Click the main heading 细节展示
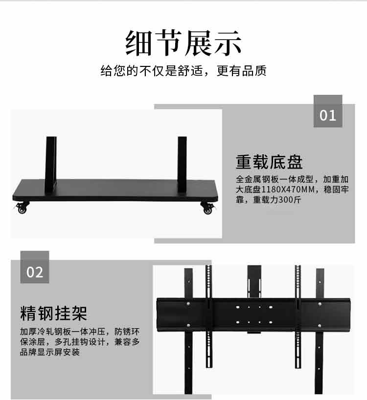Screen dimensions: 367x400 tap(183, 43)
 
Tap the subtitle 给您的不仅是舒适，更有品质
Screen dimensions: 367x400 tap(183, 71)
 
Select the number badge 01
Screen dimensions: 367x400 tap(328, 111)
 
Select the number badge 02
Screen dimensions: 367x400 tap(35, 267)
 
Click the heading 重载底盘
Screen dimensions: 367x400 tap(269, 162)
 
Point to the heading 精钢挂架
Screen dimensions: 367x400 tap(54, 313)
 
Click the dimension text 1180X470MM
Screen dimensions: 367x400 tap(288, 189)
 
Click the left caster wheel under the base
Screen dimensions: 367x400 tap(22, 208)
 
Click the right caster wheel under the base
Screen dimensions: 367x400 tap(207, 208)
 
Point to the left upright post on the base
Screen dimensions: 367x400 tap(51, 164)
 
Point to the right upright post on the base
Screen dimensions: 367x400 tap(182, 165)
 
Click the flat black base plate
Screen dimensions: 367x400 tap(115, 190)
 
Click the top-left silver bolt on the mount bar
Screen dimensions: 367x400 tap(188, 304)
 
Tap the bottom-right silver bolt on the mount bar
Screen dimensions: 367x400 tap(320, 326)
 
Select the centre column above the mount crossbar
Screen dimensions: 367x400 tap(254, 281)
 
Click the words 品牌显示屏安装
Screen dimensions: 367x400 tap(50, 352)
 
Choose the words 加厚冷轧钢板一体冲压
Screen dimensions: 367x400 tap(63, 332)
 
